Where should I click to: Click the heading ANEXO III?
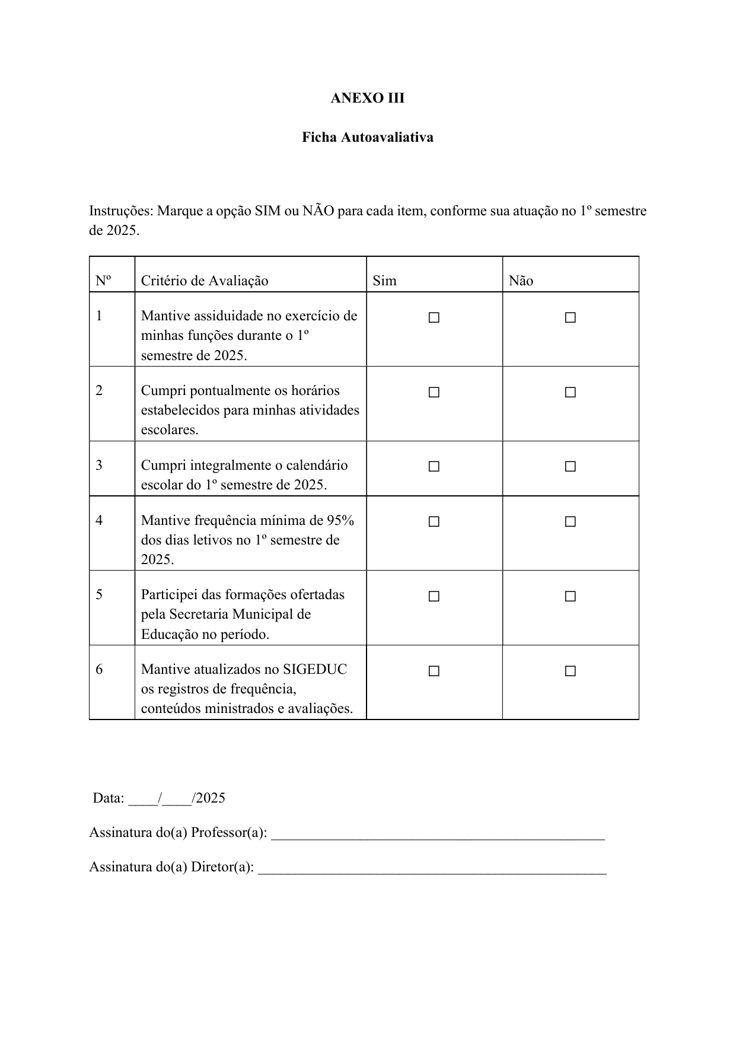click(x=367, y=98)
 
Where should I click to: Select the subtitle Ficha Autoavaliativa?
click(x=367, y=138)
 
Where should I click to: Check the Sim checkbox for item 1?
click(x=434, y=318)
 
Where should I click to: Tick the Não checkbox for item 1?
click(x=571, y=318)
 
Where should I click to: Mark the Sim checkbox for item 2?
click(x=434, y=393)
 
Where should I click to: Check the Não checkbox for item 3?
click(x=571, y=467)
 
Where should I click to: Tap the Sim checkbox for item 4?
click(x=434, y=522)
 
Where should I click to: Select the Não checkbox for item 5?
click(x=571, y=597)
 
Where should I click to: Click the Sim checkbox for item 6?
click(x=434, y=671)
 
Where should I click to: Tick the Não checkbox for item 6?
click(x=571, y=671)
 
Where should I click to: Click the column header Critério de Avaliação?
click(x=205, y=281)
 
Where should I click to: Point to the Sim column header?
click(x=384, y=281)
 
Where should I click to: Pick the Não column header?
click(x=521, y=281)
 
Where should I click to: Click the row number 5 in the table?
click(x=99, y=594)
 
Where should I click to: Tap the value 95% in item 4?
click(x=340, y=521)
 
